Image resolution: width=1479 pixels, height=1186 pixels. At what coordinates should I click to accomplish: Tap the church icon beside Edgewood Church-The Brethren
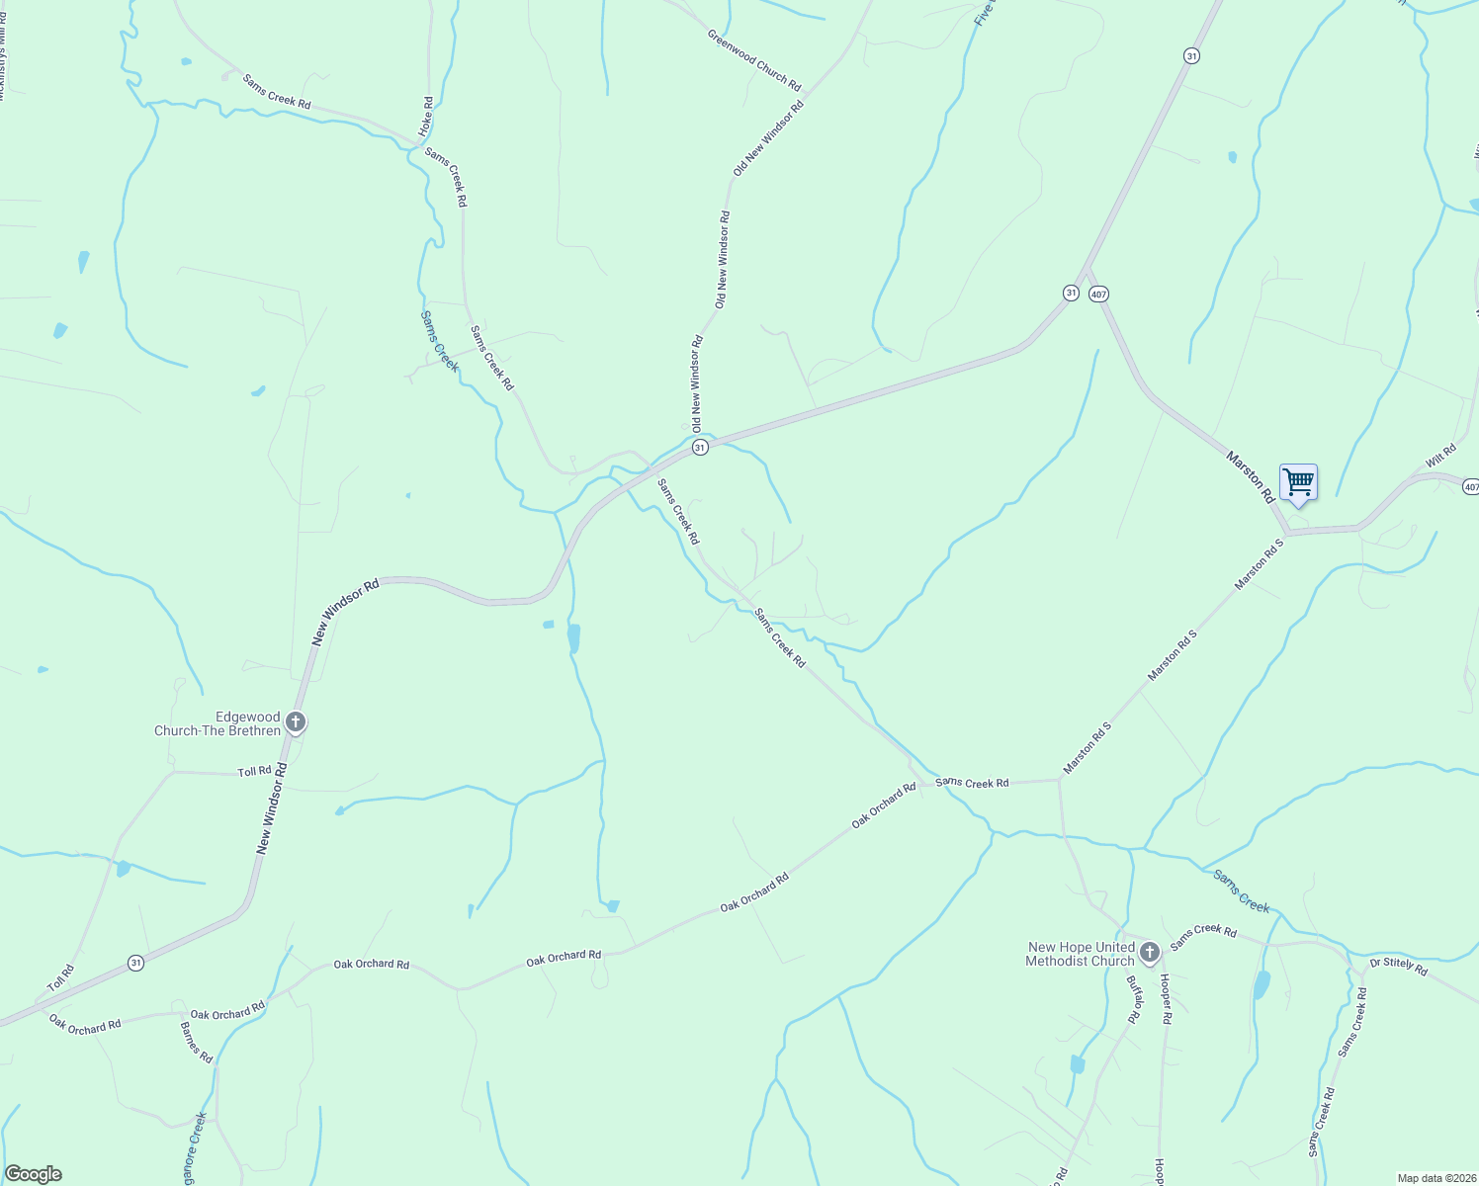(295, 722)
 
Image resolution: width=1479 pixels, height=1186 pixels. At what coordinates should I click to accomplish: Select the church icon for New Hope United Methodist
(1149, 953)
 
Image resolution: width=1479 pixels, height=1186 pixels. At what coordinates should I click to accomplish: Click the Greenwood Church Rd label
(754, 59)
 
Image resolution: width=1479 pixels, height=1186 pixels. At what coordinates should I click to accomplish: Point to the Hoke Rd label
(426, 116)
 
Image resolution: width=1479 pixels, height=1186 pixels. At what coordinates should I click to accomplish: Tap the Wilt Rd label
(1440, 457)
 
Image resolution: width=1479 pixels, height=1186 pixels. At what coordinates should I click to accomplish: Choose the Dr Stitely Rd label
(1398, 967)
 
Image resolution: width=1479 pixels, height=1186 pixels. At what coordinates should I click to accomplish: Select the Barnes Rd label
(197, 1042)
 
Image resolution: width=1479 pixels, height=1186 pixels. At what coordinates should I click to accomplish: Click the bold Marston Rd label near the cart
(1251, 476)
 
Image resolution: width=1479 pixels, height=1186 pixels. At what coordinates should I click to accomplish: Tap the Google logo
(33, 1174)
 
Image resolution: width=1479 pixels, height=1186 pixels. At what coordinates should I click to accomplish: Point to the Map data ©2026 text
(1436, 1178)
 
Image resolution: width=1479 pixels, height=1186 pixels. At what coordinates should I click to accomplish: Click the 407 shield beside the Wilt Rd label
(1470, 487)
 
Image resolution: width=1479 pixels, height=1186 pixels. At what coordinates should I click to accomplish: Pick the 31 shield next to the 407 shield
(1071, 294)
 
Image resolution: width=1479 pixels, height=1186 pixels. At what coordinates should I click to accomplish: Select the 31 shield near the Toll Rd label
(135, 962)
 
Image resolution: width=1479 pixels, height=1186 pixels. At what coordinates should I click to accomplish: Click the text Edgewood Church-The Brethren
(217, 723)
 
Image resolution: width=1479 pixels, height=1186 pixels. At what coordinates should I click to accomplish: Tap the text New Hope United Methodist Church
(1080, 954)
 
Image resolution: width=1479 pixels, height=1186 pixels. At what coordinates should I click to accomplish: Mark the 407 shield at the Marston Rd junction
(1098, 295)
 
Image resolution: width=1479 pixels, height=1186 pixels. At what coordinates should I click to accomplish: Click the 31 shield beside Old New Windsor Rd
(700, 448)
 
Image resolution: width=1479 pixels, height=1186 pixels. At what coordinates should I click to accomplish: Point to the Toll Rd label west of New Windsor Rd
(254, 771)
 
